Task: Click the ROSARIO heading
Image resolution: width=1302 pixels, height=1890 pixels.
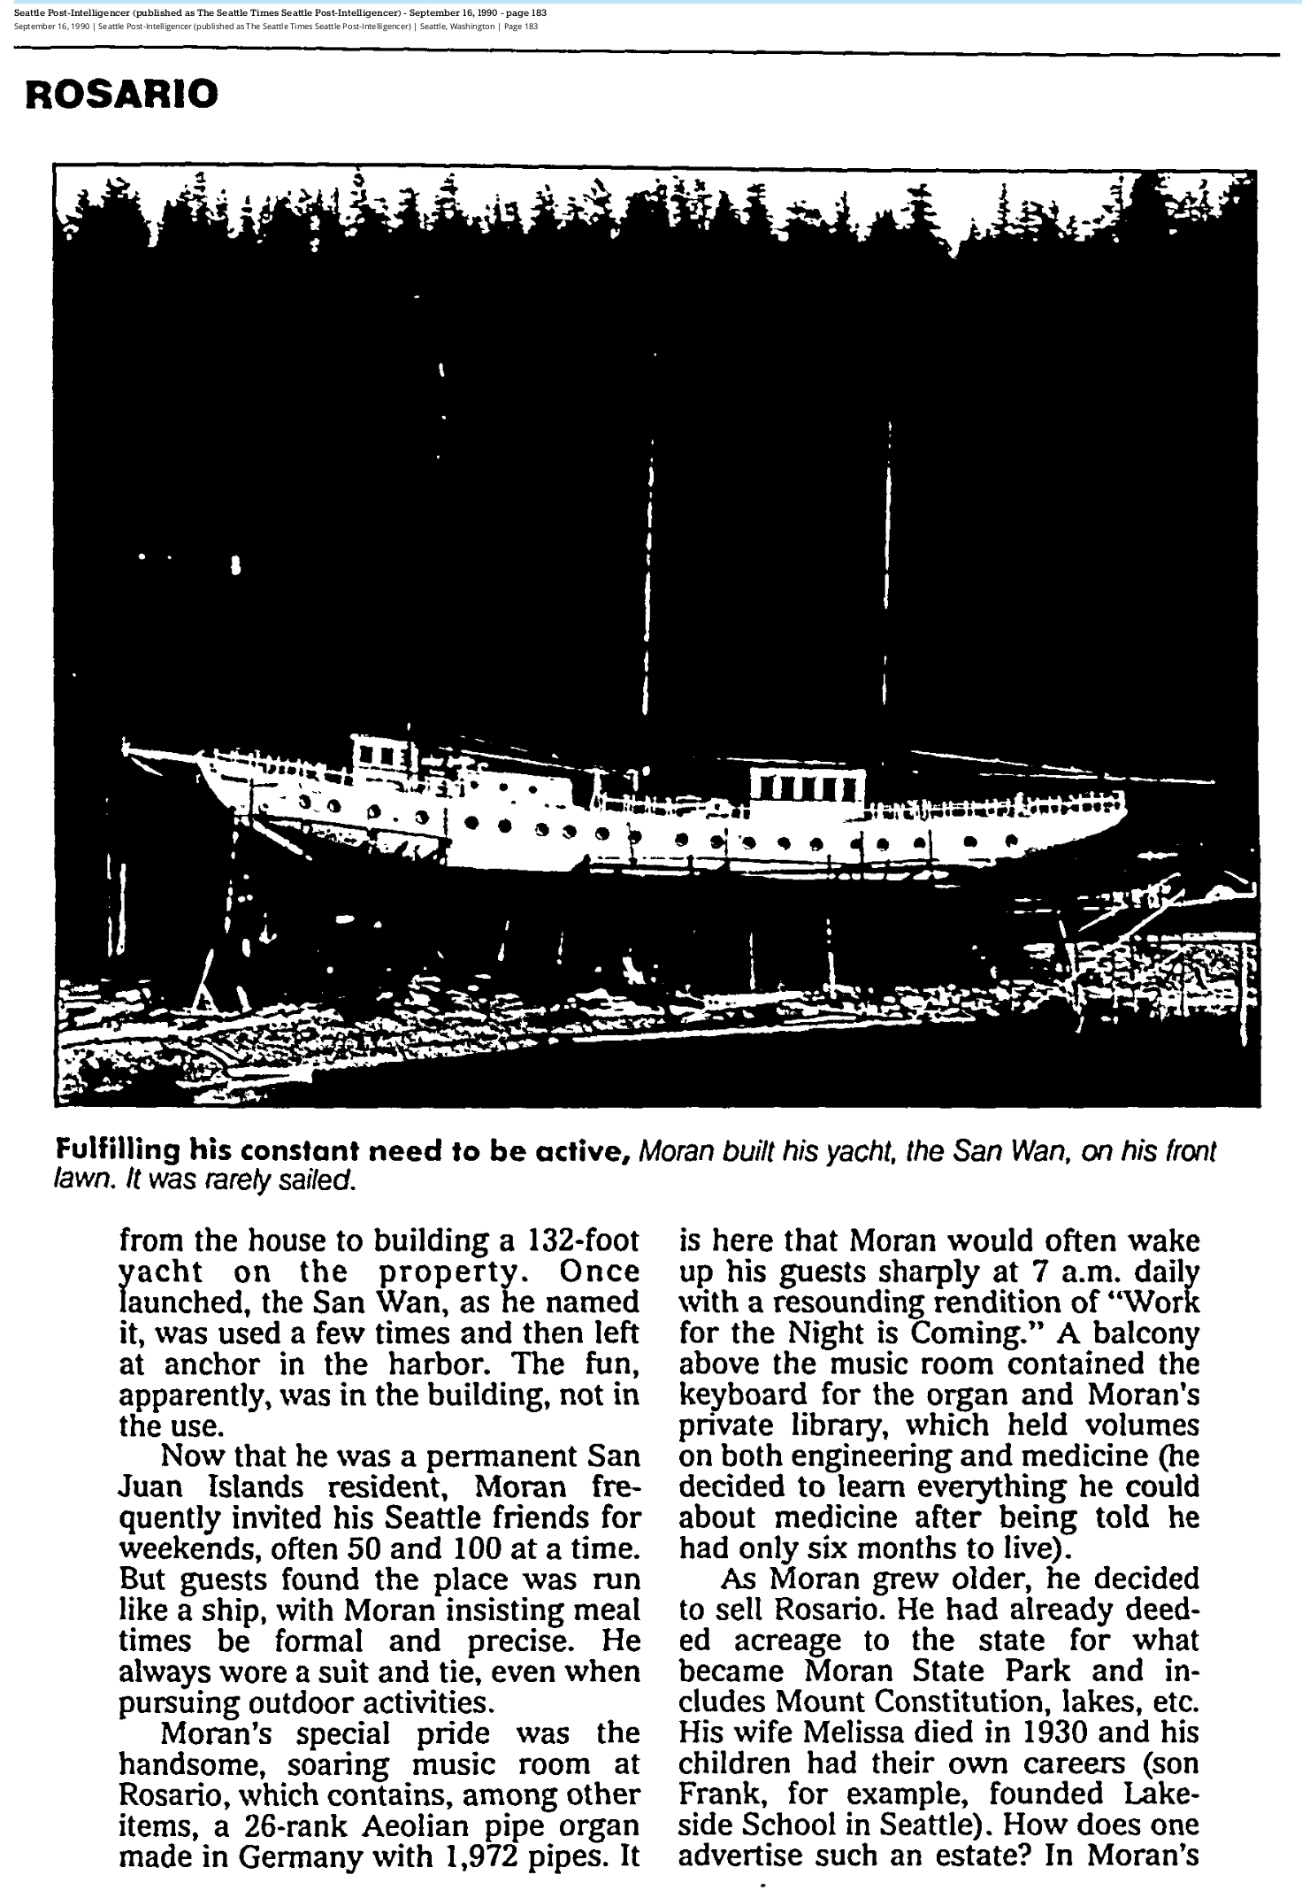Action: pyautogui.click(x=121, y=93)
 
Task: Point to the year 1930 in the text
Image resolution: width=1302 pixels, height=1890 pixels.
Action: pyautogui.click(x=1015, y=1732)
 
